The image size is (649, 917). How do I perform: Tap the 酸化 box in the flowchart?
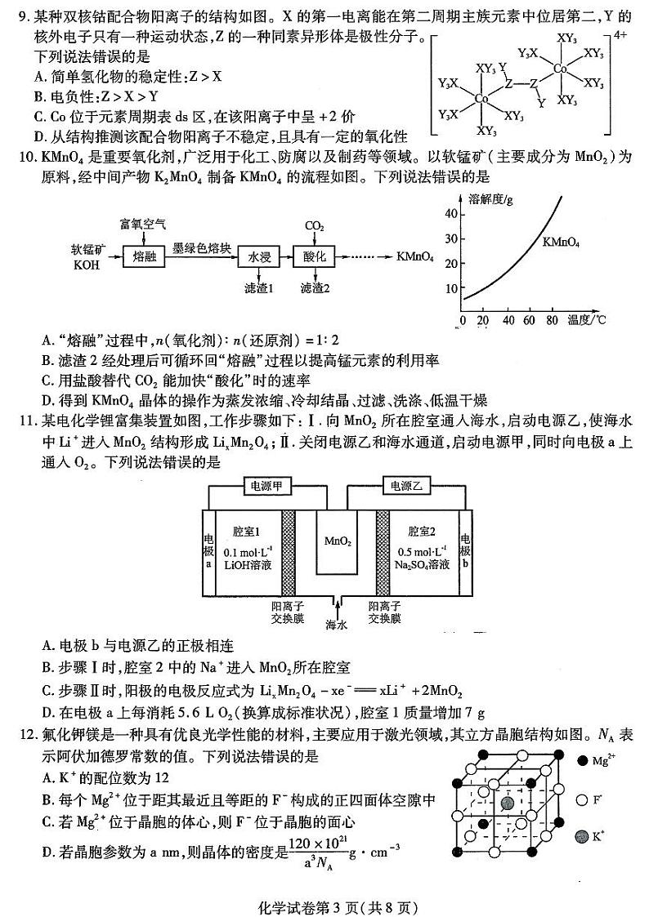click(313, 256)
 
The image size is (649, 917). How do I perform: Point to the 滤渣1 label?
click(258, 287)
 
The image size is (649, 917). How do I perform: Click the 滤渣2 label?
click(315, 287)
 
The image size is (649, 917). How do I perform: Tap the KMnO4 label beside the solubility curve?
click(561, 243)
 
